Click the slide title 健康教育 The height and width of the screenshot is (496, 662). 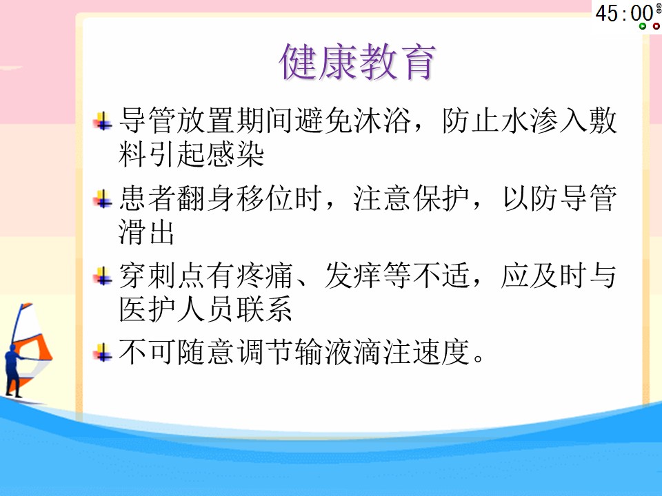357,62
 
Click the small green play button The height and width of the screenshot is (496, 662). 643,26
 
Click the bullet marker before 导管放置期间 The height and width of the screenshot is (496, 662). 103,121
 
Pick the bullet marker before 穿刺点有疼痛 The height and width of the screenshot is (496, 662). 103,276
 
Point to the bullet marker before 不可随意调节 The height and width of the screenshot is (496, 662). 103,353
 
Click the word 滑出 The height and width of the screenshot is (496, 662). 146,231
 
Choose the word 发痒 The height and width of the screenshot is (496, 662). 353,276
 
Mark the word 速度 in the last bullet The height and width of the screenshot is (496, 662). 441,352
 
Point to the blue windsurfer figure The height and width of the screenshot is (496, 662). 14,371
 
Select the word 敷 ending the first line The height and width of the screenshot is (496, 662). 603,121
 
